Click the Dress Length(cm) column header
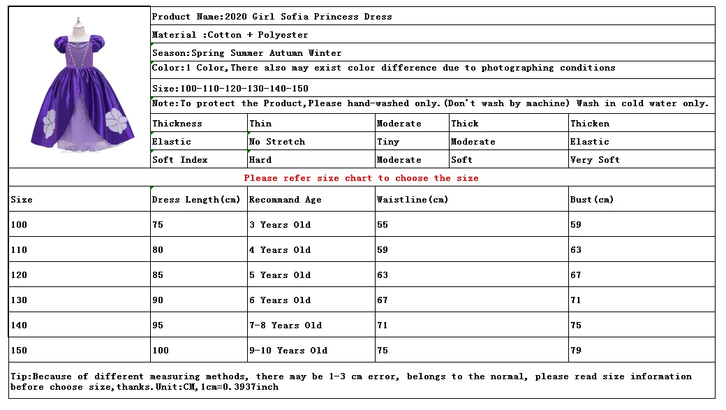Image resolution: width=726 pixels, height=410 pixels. coord(196,200)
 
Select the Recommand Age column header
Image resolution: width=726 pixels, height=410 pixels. coord(285,200)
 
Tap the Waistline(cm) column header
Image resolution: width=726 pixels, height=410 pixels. coord(412,200)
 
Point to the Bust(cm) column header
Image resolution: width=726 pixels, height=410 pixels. coord(591,200)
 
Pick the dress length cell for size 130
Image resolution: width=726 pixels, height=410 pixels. coord(158,300)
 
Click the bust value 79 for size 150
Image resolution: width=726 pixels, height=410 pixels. coord(576,351)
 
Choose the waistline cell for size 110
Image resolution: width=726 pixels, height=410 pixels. coord(382,250)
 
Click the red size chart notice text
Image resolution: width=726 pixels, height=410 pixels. coord(361,178)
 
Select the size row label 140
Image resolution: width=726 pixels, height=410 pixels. coord(19,325)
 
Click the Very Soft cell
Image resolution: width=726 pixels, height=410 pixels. coord(595,160)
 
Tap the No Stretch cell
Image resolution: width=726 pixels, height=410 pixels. coord(276,142)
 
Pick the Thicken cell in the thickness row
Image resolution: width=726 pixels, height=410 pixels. coord(589,124)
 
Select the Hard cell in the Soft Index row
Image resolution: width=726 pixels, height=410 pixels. coord(260,160)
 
